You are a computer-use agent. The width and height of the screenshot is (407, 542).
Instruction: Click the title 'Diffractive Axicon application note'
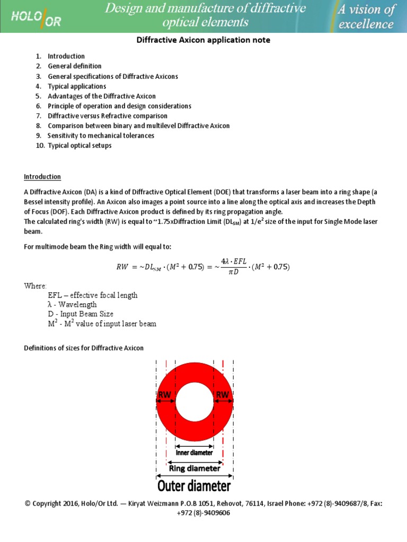pos(203,40)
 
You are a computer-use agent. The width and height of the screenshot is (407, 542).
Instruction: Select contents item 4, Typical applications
pos(77,86)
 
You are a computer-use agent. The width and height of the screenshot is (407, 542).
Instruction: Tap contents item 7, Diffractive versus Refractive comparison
pos(108,116)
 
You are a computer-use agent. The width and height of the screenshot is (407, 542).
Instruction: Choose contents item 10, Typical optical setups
pos(79,146)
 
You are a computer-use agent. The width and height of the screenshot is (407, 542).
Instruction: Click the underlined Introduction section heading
pos(42,177)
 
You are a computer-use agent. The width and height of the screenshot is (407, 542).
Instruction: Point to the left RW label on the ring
pos(165,394)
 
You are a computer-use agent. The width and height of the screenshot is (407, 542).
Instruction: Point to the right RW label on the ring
pos(222,394)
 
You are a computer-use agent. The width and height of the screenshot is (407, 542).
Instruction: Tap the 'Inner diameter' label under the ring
pos(194,453)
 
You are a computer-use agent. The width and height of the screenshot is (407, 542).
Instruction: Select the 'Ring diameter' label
pos(194,468)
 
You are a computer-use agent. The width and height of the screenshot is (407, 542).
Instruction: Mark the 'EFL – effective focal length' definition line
pos(92,295)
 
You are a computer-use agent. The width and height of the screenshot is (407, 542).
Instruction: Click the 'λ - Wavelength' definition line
pos(72,305)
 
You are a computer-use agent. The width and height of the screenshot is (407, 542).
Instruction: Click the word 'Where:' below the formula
pos(36,286)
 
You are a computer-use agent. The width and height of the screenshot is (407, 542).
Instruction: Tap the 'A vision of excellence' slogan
pos(366,16)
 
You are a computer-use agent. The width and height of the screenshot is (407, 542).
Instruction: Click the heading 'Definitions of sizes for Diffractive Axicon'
pos(84,348)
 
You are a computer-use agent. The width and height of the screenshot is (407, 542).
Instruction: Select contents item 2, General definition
pos(75,66)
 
